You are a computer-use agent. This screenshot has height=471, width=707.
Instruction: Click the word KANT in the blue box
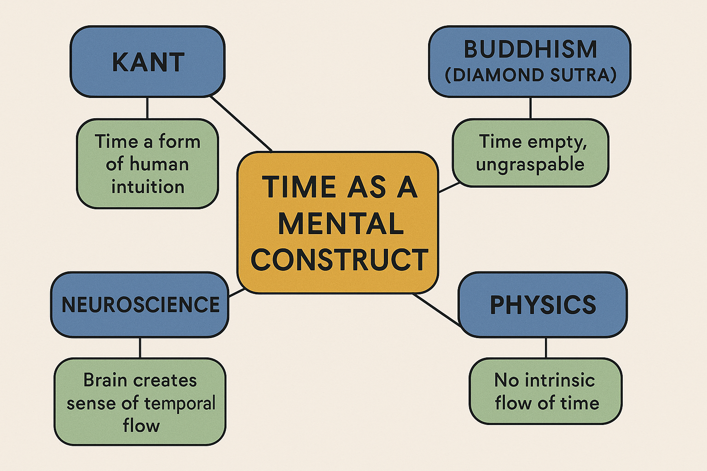coord(148,62)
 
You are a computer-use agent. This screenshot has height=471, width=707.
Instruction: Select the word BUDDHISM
coord(530,49)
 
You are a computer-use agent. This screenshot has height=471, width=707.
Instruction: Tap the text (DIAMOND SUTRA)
coord(531,75)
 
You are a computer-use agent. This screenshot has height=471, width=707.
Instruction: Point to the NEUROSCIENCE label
coord(140,304)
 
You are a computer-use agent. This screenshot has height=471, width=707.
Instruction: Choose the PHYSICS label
coord(543,305)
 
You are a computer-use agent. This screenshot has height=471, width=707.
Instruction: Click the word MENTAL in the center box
coord(341,224)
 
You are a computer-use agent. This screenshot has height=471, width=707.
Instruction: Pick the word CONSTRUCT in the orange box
coord(339,259)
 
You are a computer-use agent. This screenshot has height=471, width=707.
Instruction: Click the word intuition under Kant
coord(148,187)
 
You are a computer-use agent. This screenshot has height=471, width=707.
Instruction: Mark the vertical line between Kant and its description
coord(147,108)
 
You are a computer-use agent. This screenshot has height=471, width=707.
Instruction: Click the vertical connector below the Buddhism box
coord(531,108)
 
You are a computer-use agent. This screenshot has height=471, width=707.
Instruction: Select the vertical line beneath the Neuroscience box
coord(140,348)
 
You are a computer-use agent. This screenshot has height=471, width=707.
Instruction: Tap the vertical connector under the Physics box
coord(546,348)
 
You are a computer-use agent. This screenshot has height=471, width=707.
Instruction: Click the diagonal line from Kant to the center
coord(241,124)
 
